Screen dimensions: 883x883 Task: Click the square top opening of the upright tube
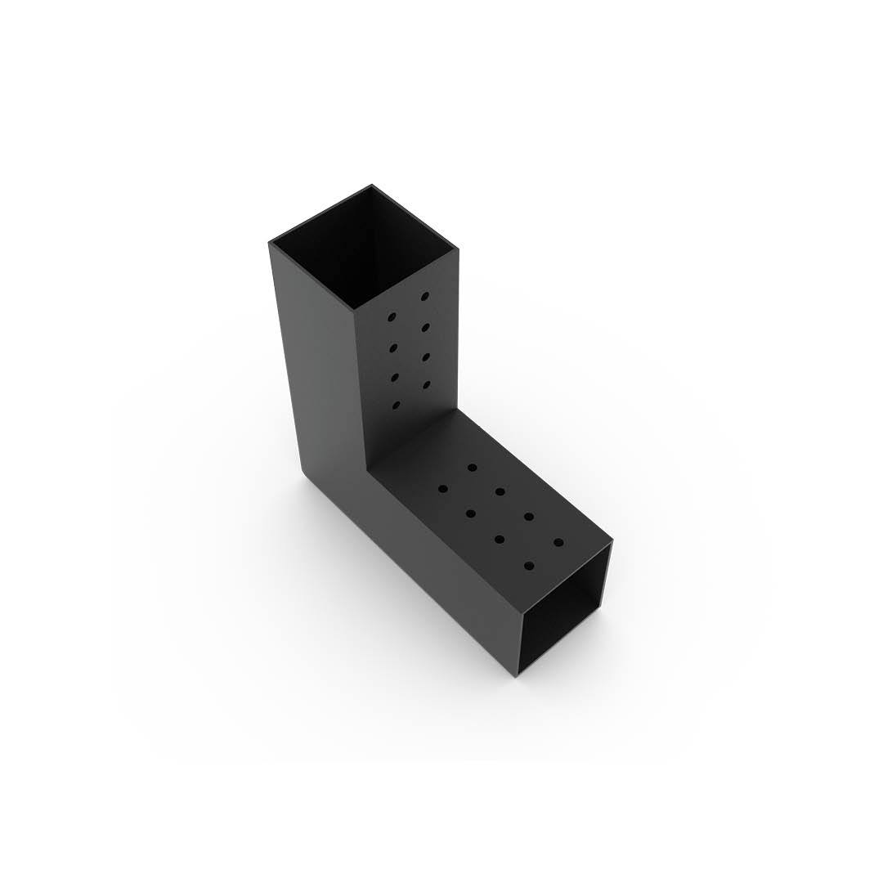pos(365,245)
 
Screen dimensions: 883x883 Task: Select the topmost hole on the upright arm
pos(425,296)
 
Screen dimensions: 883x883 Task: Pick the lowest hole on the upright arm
pos(397,406)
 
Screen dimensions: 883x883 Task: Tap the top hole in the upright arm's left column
pos(392,316)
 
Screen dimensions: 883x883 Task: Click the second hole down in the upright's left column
pos(393,347)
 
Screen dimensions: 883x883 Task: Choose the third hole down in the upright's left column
pos(395,377)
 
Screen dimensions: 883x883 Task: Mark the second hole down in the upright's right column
pos(426,327)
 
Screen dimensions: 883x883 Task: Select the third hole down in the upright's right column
pos(427,356)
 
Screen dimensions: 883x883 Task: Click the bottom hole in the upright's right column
pos(427,383)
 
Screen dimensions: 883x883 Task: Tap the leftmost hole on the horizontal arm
pos(443,489)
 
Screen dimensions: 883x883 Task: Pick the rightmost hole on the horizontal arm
pos(558,542)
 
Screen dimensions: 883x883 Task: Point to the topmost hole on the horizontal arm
pos(473,468)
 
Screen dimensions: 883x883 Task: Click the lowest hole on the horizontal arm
pos(529,565)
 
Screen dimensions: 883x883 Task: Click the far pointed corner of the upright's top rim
pos(372,186)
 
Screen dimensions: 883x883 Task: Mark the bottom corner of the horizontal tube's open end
pos(518,677)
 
